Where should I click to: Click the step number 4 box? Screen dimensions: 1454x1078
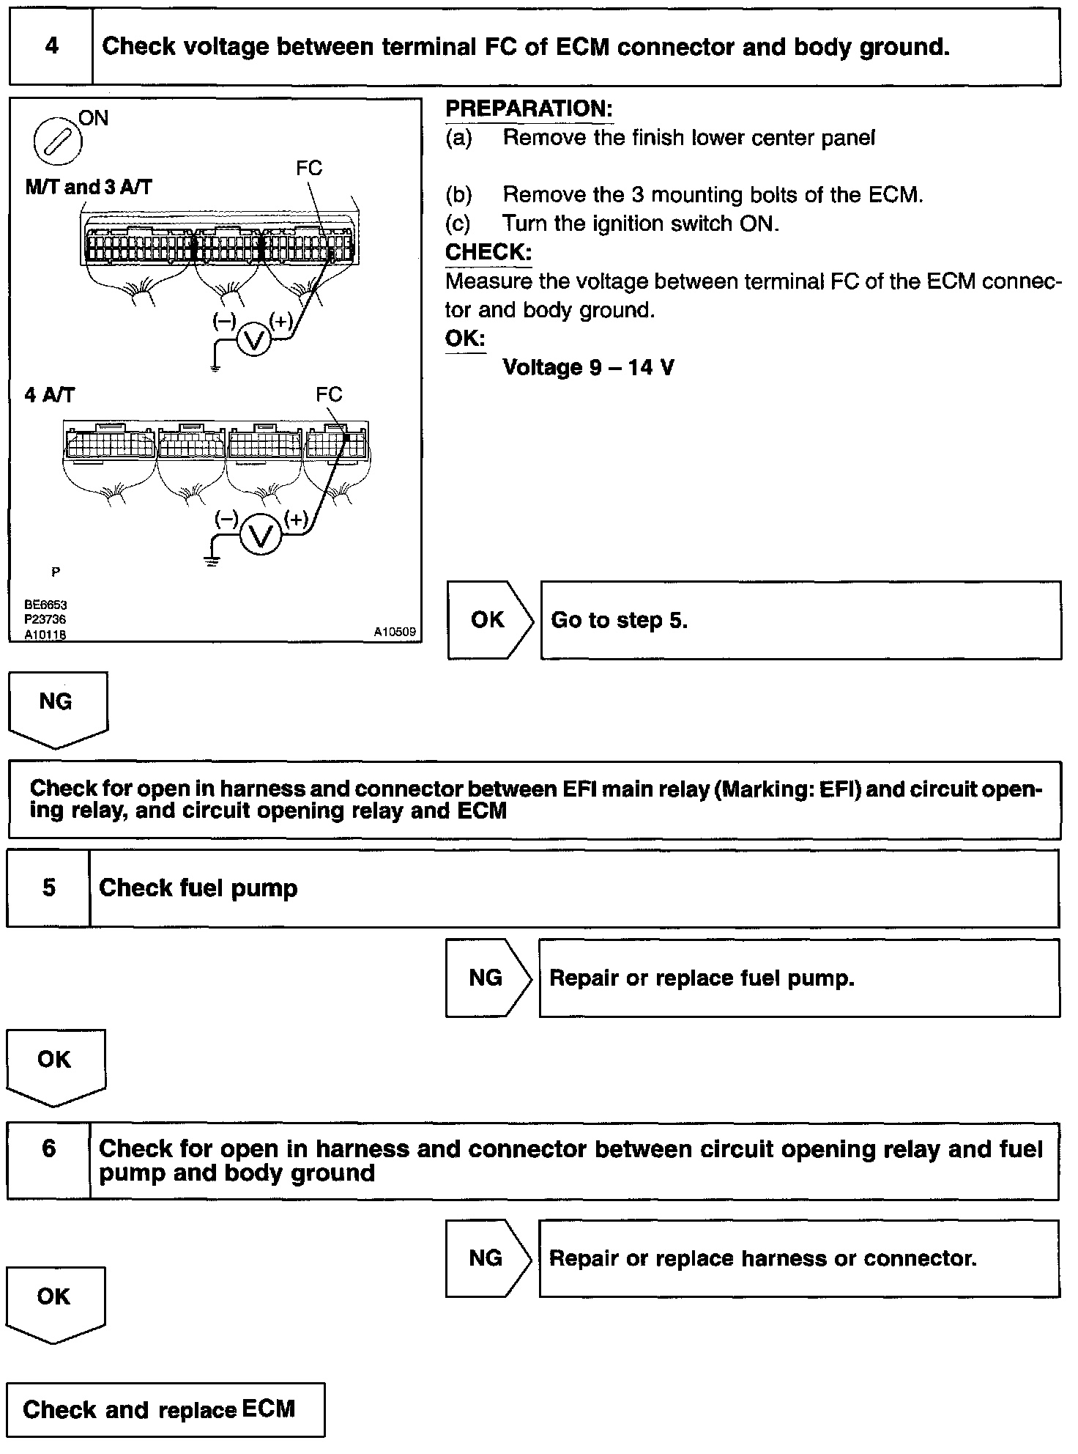(51, 47)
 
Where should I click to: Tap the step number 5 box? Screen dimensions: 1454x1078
(48, 888)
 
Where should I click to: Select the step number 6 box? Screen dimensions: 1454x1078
(48, 1160)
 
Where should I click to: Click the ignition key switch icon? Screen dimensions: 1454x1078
(59, 142)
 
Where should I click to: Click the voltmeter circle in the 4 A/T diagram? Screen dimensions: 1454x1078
(261, 536)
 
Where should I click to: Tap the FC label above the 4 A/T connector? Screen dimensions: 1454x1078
(329, 395)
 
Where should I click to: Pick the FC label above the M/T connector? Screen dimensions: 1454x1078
(309, 169)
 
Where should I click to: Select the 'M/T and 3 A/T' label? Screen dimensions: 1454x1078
(89, 188)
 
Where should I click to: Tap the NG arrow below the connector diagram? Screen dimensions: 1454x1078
(57, 707)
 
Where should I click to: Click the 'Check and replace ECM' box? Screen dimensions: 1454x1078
(166, 1409)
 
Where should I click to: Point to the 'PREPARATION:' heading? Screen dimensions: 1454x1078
(529, 109)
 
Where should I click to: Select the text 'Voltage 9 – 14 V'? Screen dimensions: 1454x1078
(588, 367)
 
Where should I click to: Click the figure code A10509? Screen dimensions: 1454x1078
(395, 632)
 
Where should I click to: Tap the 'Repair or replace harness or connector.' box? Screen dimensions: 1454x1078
(798, 1259)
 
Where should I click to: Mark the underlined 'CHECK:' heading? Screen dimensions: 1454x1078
(488, 252)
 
